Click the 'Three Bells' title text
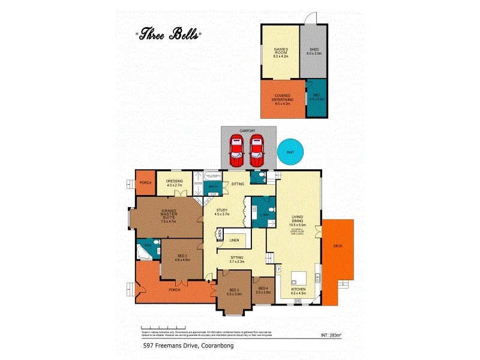pyautogui.click(x=167, y=34)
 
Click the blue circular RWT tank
pyautogui.click(x=291, y=152)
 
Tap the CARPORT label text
pyautogui.click(x=247, y=130)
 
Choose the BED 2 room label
pyautogui.click(x=182, y=258)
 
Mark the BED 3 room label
pyautogui.click(x=233, y=292)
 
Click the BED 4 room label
pyautogui.click(x=263, y=292)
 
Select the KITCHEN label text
pyautogui.click(x=299, y=292)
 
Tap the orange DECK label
pyautogui.click(x=337, y=247)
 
